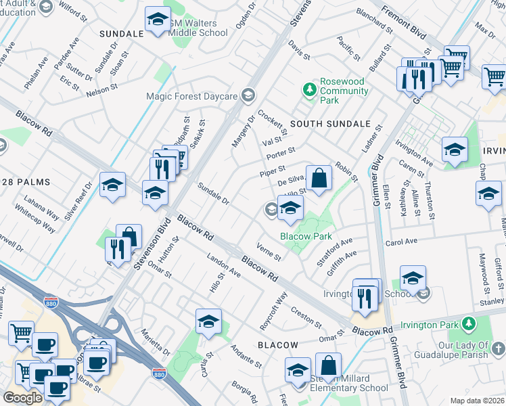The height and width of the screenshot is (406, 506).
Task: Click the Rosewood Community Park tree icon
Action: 310,89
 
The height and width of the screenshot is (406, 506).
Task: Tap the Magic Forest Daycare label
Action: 193,96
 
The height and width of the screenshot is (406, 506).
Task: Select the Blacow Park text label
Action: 306,236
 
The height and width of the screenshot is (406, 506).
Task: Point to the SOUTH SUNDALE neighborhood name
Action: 330,124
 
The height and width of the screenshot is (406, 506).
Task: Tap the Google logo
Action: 22,398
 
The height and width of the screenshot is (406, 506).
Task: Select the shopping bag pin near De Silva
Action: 319,179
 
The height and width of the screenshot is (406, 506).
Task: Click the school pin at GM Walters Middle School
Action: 157,22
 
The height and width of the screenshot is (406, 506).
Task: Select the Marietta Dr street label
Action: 155,342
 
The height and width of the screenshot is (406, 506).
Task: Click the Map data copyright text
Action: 476,401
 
